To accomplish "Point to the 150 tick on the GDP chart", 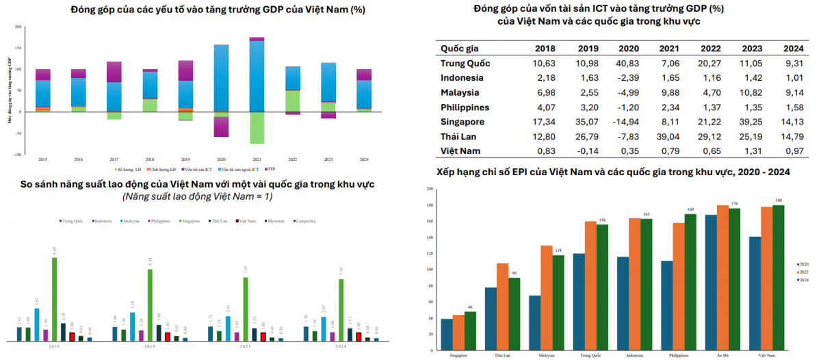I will [19, 48].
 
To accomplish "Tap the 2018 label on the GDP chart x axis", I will [150, 159].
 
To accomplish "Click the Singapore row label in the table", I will [462, 122].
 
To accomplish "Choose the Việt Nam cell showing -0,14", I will [588, 151].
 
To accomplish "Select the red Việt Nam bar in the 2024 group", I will [358, 337].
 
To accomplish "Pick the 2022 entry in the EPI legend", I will [804, 272].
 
